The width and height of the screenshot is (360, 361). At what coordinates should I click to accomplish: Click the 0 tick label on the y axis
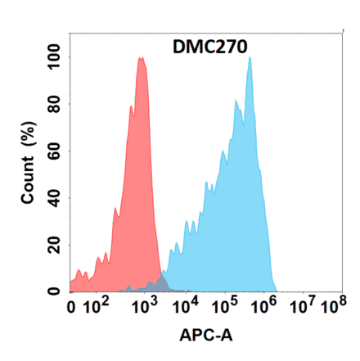56,291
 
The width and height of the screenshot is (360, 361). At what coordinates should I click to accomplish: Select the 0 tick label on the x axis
73,309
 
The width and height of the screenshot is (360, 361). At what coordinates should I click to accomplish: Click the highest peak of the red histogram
142,59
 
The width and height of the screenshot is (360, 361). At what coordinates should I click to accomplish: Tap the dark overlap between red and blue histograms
160,284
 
